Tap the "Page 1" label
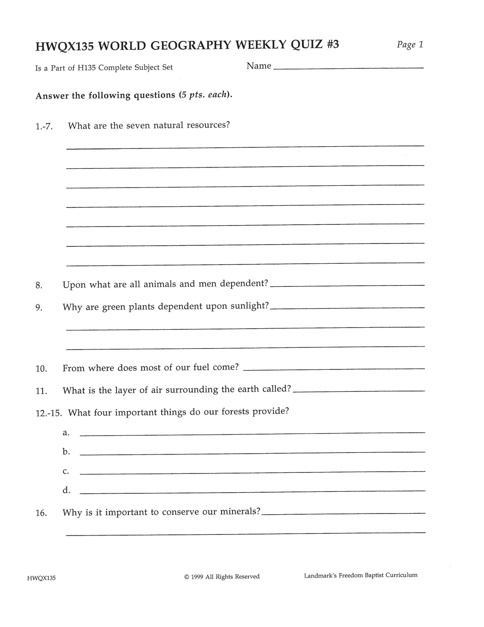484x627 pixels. click(410, 45)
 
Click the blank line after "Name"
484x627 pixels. click(348, 68)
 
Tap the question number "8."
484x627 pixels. click(39, 285)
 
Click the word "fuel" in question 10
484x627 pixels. click(201, 367)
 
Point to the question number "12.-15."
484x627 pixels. click(49, 413)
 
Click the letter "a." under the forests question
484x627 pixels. click(66, 433)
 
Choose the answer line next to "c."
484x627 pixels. click(252, 472)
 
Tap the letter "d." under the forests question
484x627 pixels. click(66, 490)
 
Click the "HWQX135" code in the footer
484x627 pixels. click(41, 578)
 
